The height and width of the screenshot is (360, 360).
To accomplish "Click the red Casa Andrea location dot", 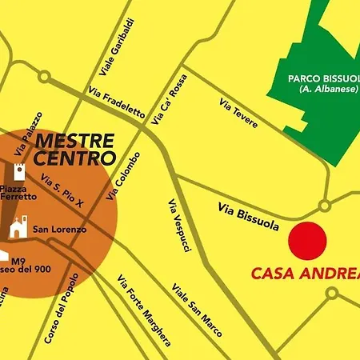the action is [x=307, y=239].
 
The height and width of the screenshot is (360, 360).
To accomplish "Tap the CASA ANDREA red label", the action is [x=305, y=273].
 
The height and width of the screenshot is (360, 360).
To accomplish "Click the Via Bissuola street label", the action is [x=248, y=216].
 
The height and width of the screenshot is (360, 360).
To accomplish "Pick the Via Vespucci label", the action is [x=179, y=225].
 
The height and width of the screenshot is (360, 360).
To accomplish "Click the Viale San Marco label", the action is [x=195, y=304].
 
